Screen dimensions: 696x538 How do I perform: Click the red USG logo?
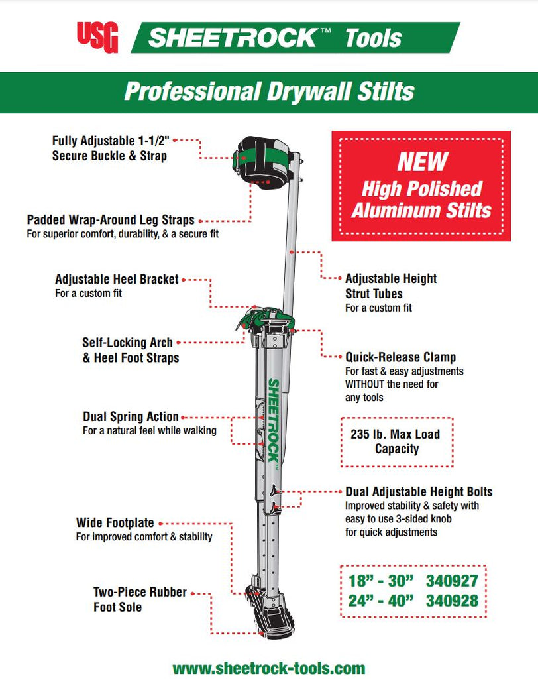(97, 37)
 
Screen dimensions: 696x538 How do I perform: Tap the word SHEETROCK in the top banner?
(232, 37)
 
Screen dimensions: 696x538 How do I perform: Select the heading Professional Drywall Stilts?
(269, 91)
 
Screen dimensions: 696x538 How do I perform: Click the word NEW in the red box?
(422, 161)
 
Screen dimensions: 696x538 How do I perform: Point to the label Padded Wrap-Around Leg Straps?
(111, 220)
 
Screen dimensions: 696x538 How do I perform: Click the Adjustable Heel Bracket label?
(117, 280)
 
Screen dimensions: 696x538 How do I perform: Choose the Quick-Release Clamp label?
(400, 357)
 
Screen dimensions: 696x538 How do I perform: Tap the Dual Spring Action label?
(131, 417)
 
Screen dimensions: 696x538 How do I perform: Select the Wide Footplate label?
(115, 524)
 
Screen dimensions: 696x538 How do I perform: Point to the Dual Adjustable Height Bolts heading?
(419, 492)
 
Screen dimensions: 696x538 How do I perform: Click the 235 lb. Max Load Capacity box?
(396, 441)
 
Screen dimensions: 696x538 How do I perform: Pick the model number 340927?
(452, 581)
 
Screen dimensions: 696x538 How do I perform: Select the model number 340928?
(452, 602)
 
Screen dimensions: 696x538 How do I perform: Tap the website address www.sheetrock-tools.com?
(269, 668)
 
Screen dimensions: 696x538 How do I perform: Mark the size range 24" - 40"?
(380, 602)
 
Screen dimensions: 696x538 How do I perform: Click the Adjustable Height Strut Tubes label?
(390, 286)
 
